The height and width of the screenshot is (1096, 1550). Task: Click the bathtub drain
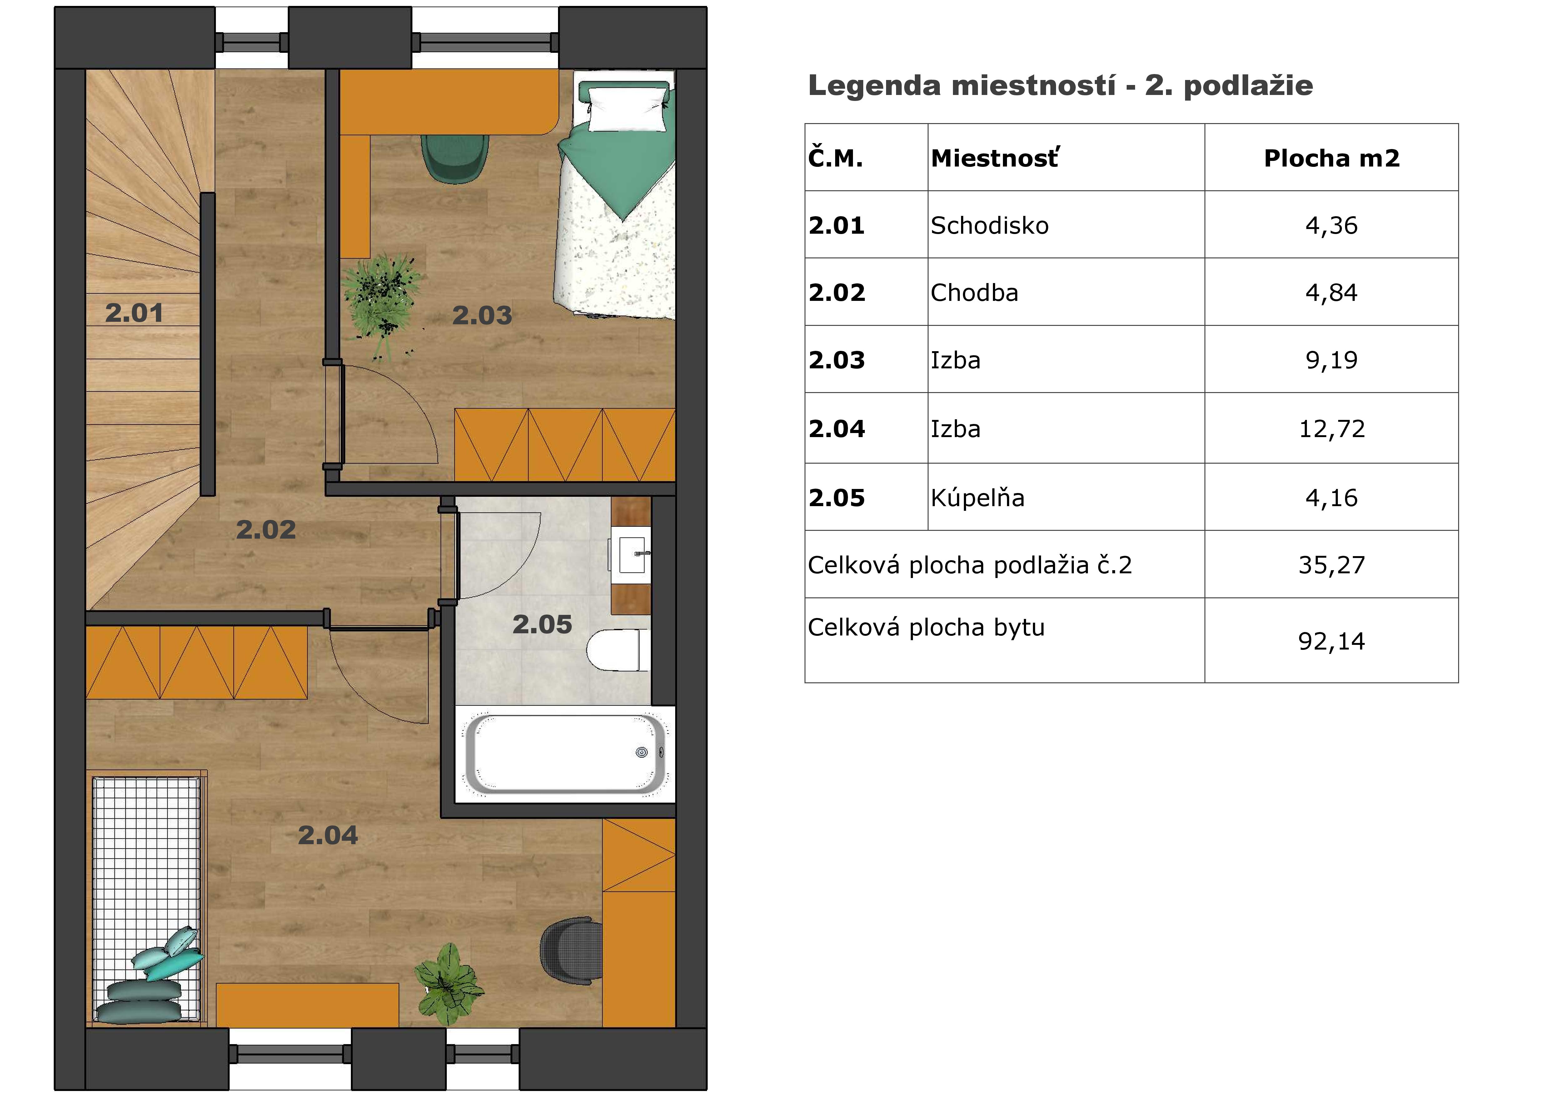tap(642, 753)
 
